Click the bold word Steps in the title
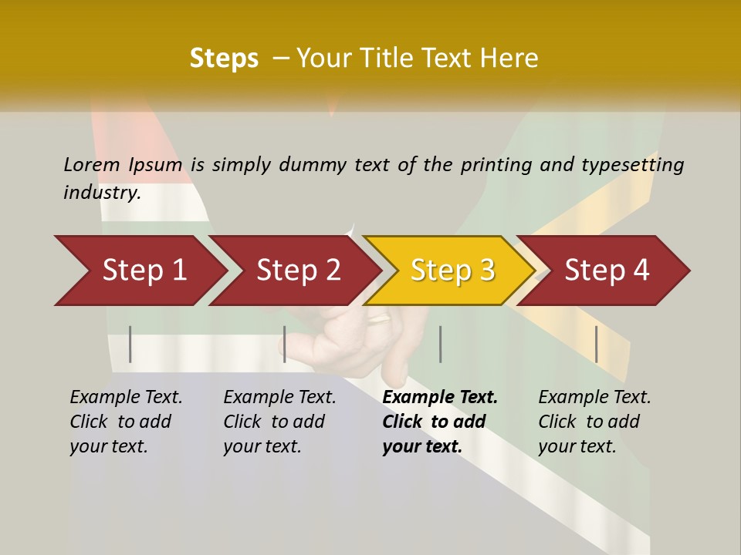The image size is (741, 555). (224, 59)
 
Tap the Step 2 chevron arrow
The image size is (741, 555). (298, 271)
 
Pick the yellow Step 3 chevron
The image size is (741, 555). (452, 271)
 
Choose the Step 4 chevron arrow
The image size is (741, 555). (607, 271)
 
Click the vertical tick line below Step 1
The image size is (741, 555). (130, 344)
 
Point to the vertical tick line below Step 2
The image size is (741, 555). (285, 344)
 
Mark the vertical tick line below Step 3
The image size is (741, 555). (440, 344)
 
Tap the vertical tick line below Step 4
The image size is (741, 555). (597, 344)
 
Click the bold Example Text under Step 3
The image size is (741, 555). (440, 398)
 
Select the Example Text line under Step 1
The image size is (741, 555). (126, 398)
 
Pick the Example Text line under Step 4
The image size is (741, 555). (594, 398)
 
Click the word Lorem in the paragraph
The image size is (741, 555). (92, 165)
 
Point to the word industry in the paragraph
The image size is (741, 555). (102, 193)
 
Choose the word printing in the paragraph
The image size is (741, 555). (496, 165)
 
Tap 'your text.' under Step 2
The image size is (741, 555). (262, 446)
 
